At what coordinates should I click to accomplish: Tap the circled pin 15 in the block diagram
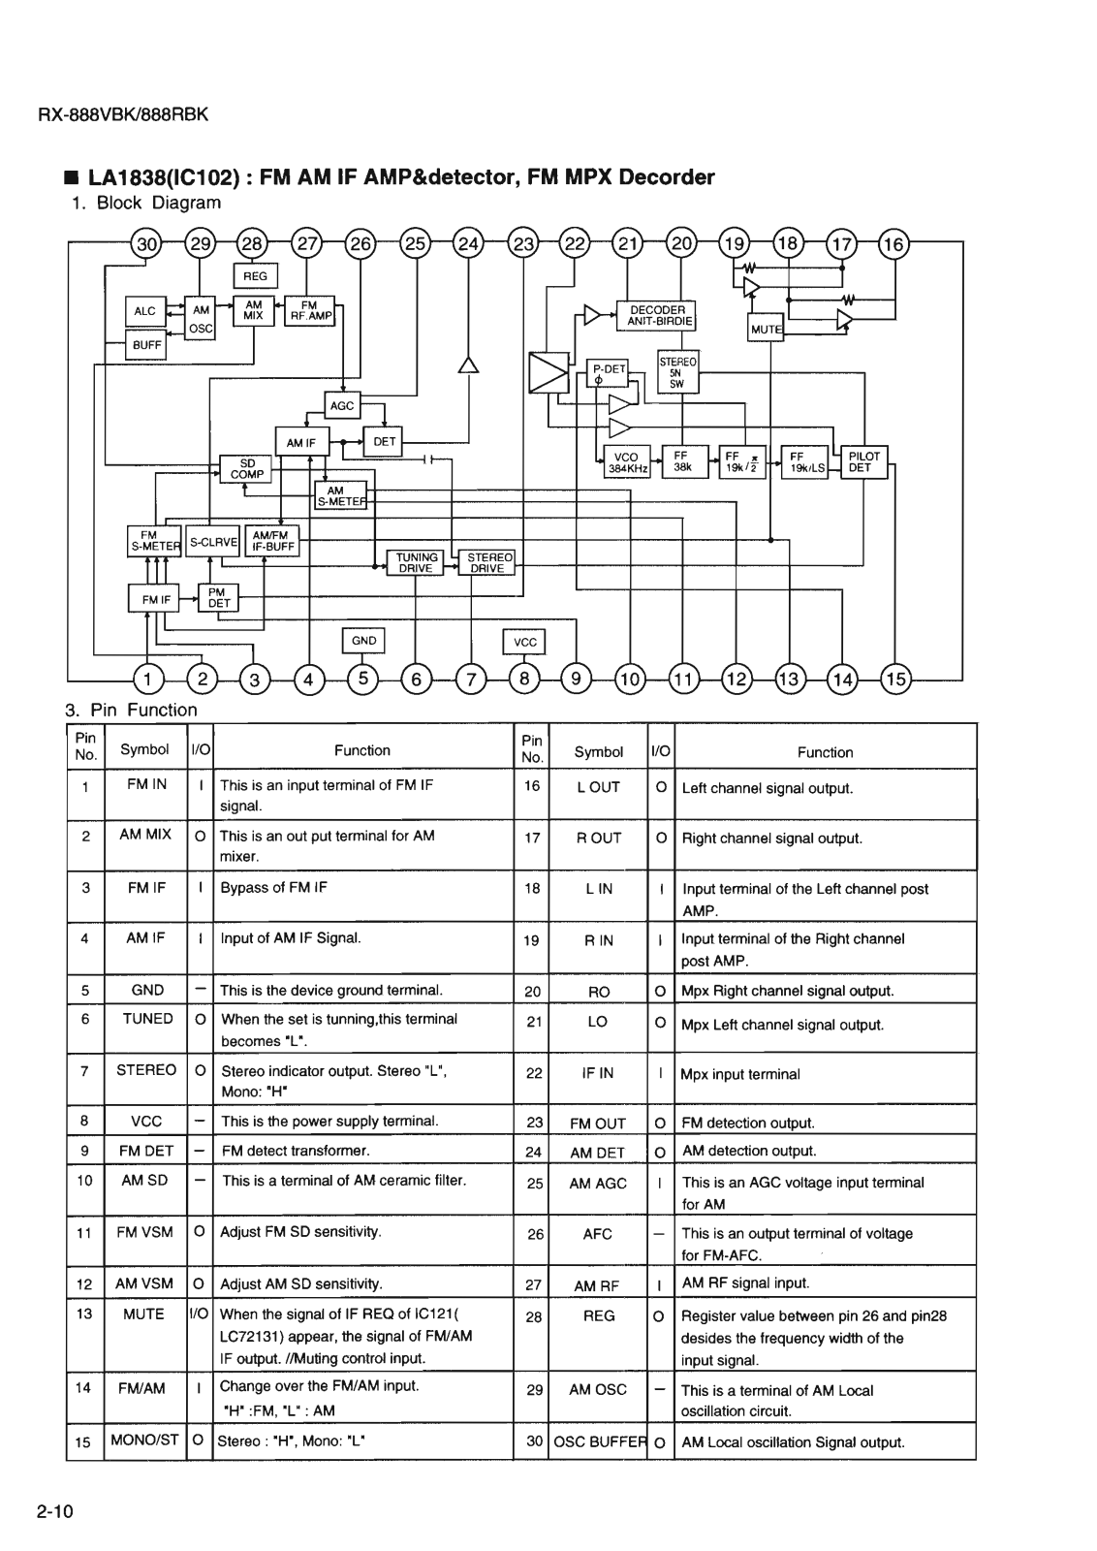tap(894, 679)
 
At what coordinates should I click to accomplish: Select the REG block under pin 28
tap(256, 276)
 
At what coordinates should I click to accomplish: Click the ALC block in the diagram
tap(145, 311)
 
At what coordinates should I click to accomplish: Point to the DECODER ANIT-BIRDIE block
tap(657, 316)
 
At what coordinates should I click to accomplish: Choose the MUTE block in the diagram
tap(766, 330)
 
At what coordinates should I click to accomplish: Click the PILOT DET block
tap(864, 461)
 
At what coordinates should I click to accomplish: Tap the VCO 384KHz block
tap(626, 461)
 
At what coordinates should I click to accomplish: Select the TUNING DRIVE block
tap(415, 563)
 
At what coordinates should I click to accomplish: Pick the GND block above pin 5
tap(364, 641)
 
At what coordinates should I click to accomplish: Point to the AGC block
tap(342, 406)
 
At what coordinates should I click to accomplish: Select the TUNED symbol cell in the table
tap(147, 1019)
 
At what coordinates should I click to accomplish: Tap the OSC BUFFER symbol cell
tap(598, 1441)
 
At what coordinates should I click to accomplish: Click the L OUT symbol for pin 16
tap(598, 787)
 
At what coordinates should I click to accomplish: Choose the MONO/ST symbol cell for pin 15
tap(146, 1440)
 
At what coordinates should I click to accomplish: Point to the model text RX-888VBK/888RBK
tap(122, 114)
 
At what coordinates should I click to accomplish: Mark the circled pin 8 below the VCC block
tap(524, 679)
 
